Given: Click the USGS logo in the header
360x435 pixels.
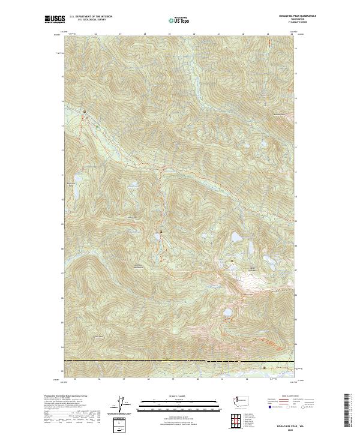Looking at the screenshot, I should [55, 19].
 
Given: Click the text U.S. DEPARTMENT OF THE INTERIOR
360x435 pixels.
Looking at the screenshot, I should [91, 16].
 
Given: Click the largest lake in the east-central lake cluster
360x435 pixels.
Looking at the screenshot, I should [238, 238].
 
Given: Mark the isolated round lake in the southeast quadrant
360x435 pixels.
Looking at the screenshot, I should [227, 313].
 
